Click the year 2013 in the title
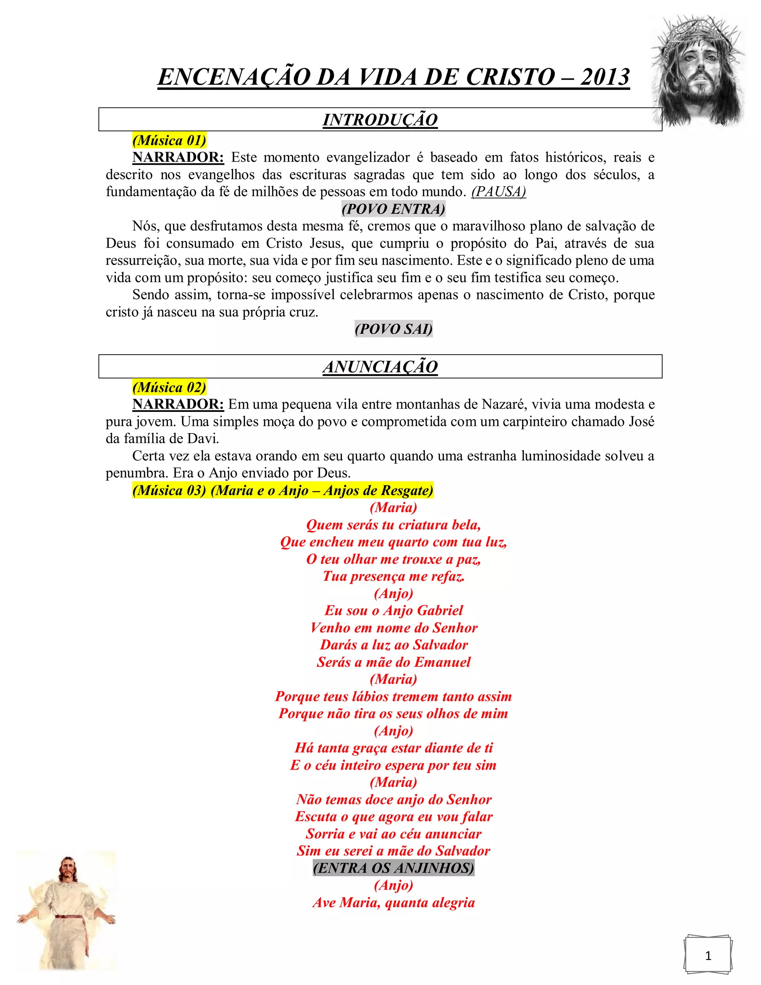click(605, 77)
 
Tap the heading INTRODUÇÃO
click(380, 120)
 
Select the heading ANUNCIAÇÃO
click(380, 366)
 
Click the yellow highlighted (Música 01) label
click(169, 140)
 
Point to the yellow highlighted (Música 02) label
click(169, 387)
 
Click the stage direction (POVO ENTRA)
click(393, 209)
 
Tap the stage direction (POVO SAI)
click(393, 329)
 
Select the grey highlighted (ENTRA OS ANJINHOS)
click(393, 868)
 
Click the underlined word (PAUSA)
click(499, 192)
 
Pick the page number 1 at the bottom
click(708, 955)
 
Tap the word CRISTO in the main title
click(510, 77)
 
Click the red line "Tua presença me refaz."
click(393, 577)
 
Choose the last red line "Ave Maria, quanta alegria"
click(393, 902)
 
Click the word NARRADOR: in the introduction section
click(178, 157)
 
